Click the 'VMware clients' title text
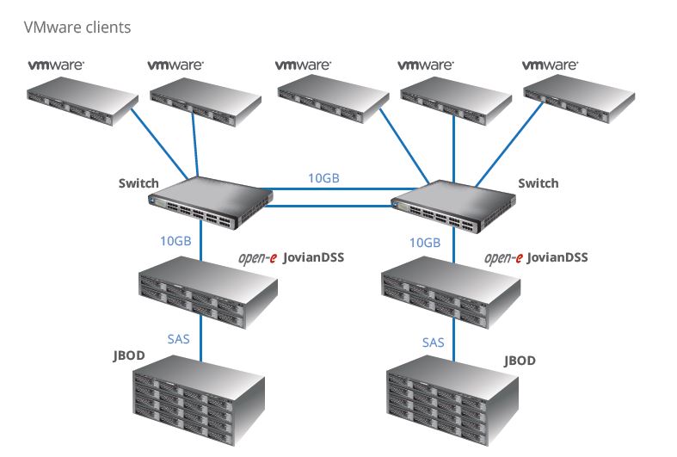77,28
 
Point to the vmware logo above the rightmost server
550,65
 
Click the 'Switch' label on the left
138,183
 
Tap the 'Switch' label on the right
538,183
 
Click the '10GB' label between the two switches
323,178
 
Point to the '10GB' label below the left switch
175,241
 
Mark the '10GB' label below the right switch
424,243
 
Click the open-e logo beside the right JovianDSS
503,257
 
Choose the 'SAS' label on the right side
433,342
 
